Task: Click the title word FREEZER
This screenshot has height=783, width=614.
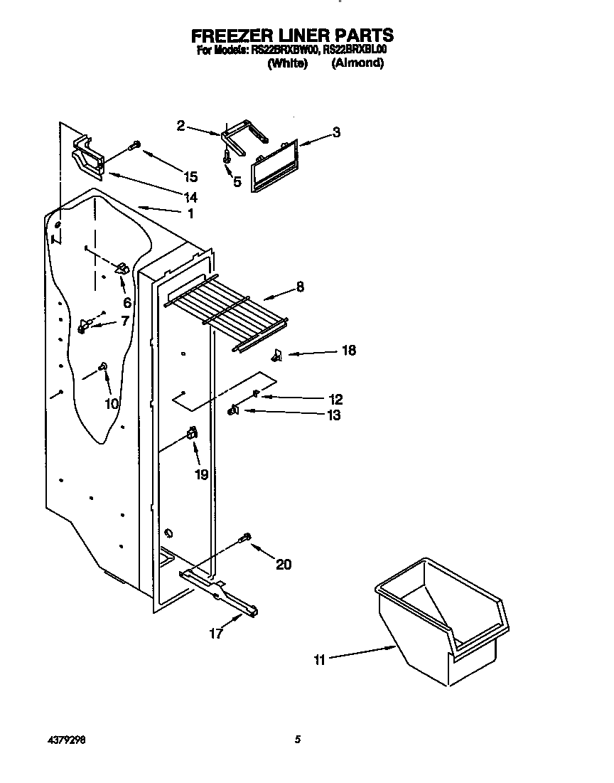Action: (x=227, y=36)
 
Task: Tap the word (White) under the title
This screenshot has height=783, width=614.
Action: (x=287, y=63)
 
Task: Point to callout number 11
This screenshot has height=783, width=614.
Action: (x=319, y=660)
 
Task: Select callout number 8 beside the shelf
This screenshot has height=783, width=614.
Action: (x=300, y=287)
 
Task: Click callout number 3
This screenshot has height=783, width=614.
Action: (x=336, y=132)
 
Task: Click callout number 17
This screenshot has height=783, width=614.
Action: (x=216, y=633)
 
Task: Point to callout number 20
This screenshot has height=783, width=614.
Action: (x=283, y=565)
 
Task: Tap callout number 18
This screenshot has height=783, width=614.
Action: (x=349, y=351)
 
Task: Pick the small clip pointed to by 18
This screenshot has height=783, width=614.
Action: (x=277, y=354)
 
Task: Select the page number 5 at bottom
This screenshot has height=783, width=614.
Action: (x=298, y=740)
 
